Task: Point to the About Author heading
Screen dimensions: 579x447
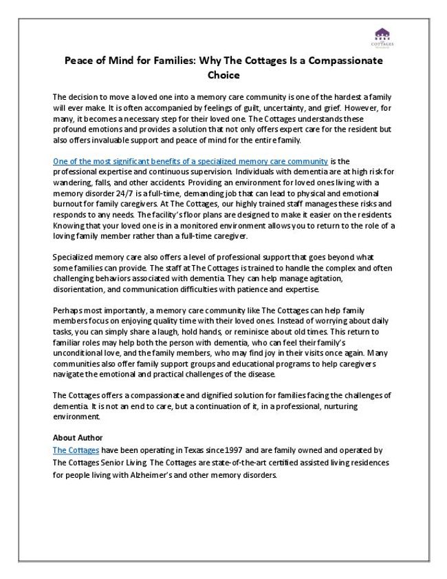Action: [78, 437]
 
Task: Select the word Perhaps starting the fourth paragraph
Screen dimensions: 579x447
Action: [67, 311]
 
